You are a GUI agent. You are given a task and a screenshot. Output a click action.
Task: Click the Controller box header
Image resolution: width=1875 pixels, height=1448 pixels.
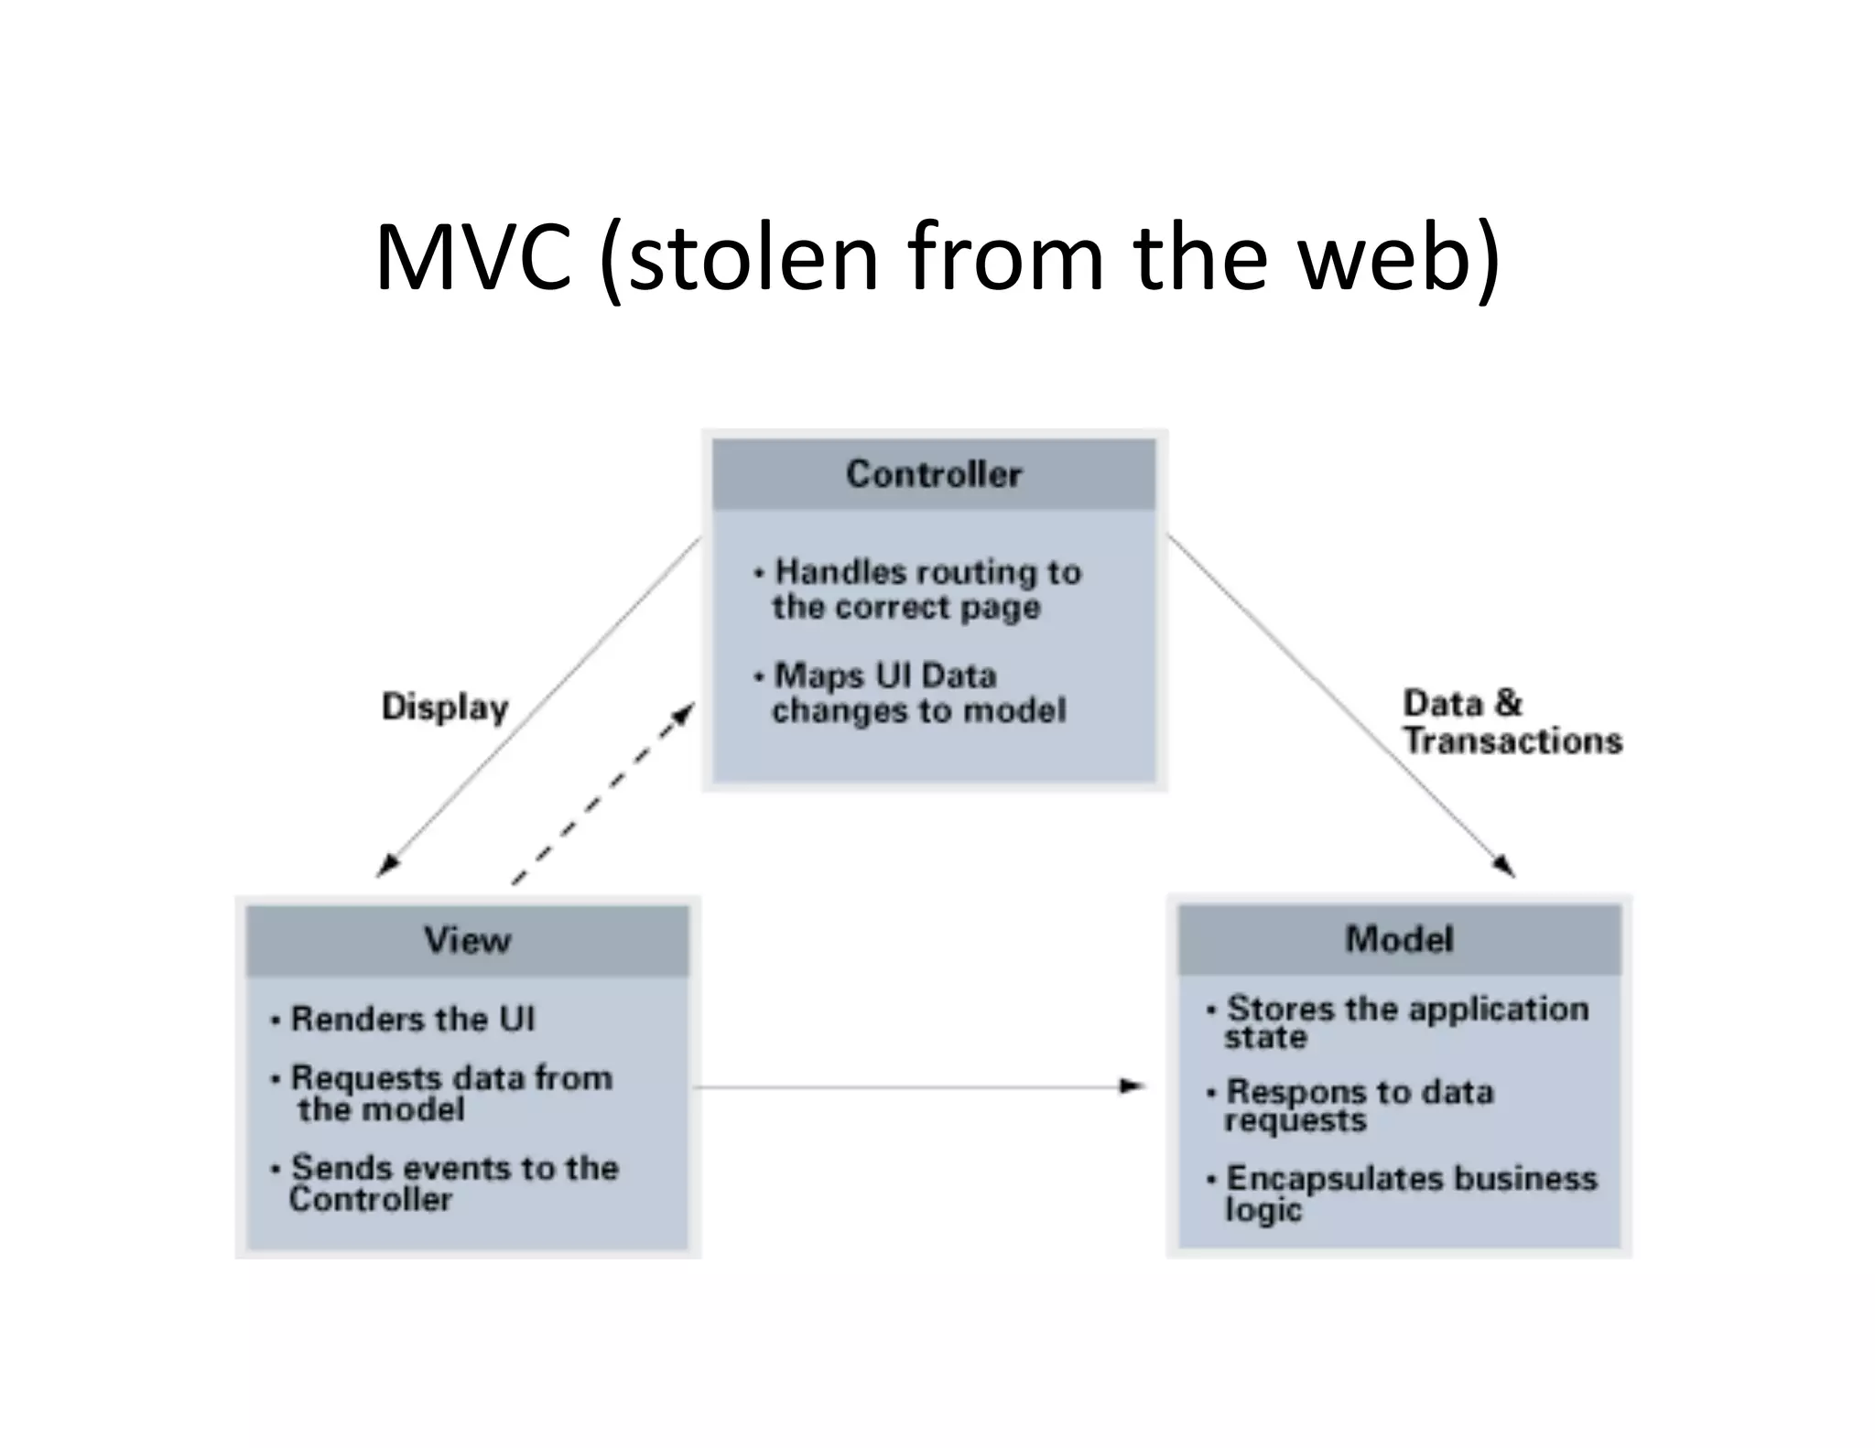click(x=934, y=474)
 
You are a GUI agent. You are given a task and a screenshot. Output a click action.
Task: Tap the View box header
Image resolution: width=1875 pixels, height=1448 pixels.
click(x=467, y=940)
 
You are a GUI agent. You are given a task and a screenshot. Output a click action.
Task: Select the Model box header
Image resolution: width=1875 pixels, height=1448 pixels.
click(x=1399, y=939)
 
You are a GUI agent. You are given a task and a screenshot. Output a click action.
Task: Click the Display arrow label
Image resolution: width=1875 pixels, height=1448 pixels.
click(x=445, y=708)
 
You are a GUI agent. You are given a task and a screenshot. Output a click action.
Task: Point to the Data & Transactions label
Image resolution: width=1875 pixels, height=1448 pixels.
click(x=1512, y=722)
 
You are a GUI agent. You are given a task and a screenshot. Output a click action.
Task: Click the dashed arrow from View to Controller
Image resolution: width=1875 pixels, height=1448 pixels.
click(x=602, y=794)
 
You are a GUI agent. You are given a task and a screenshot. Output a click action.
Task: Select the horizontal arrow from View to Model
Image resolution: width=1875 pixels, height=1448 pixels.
click(x=916, y=1086)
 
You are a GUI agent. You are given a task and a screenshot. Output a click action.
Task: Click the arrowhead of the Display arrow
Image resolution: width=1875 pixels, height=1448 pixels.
click(x=388, y=865)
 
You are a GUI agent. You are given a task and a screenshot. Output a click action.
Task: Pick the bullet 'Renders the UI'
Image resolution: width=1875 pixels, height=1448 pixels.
click(x=412, y=1019)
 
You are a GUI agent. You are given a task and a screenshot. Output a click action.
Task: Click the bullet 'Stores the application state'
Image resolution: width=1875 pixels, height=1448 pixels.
click(x=1406, y=1021)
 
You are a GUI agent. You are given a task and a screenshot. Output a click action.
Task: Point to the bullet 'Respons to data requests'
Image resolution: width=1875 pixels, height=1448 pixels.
click(x=1359, y=1105)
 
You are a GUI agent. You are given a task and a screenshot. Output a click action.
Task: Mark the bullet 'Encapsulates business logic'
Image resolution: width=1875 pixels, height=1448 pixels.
click(x=1411, y=1192)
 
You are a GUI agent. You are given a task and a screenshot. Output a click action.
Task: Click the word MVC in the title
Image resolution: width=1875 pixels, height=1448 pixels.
click(x=472, y=258)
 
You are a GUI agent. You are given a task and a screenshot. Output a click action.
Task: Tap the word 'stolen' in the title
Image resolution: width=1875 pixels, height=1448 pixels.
click(x=751, y=258)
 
